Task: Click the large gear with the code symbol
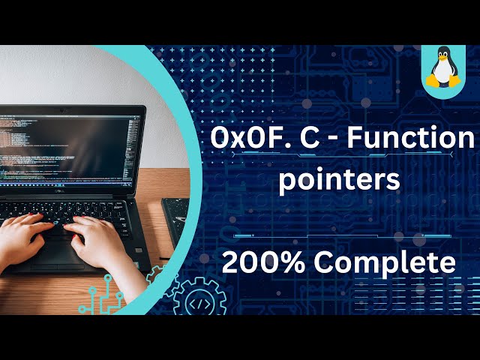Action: click(199, 297)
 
